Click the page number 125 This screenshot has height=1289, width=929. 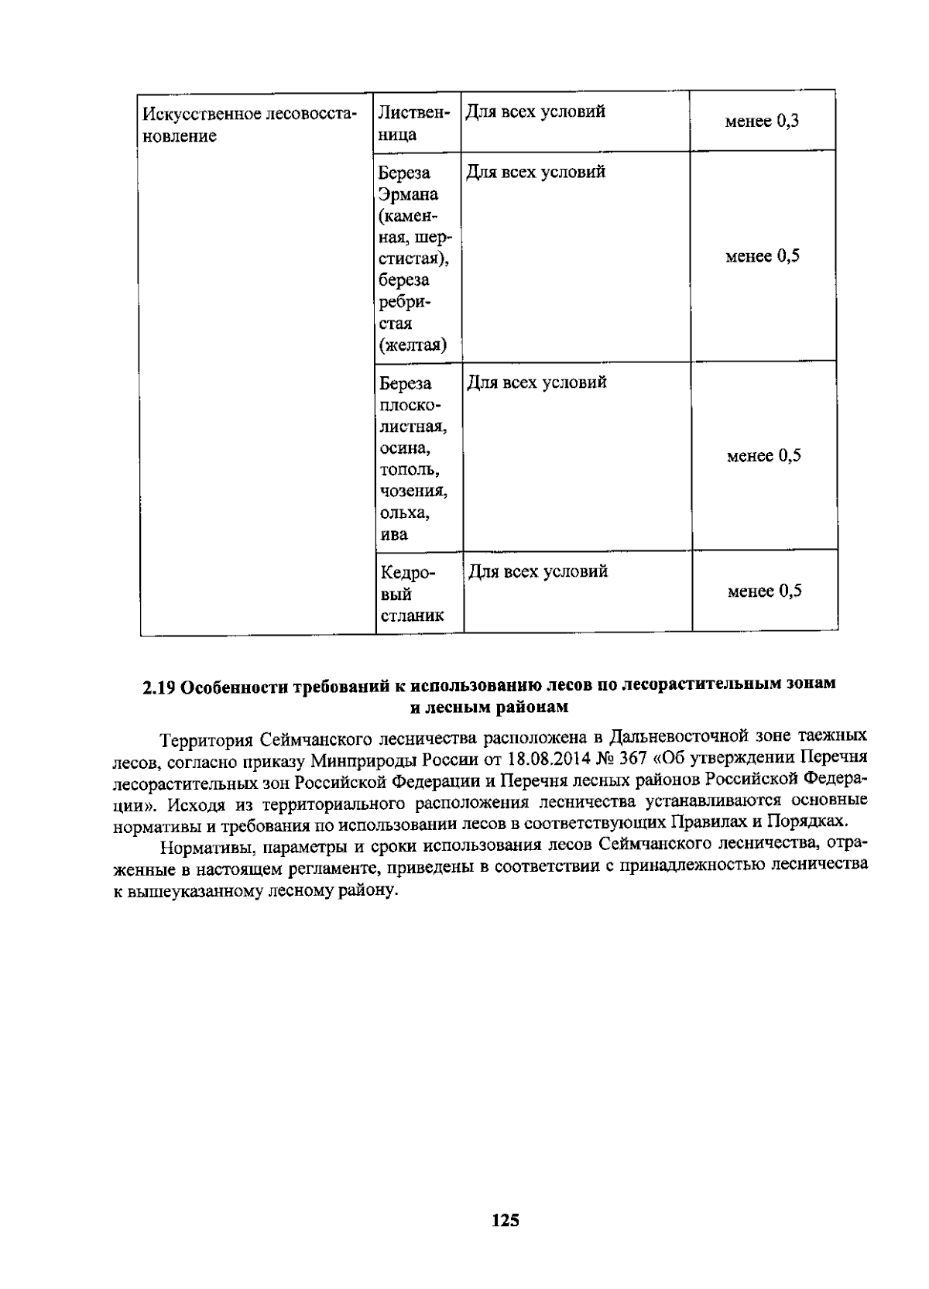505,1221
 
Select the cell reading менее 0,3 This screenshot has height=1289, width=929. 762,122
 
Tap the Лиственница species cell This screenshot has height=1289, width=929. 413,123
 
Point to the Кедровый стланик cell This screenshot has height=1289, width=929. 413,594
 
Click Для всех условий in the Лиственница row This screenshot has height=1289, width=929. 535,111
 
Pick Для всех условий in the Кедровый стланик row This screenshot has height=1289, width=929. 537,571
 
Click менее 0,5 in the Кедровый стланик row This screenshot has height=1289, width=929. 764,591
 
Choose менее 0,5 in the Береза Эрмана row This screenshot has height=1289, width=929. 762,256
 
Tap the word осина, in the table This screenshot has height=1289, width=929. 405,448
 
